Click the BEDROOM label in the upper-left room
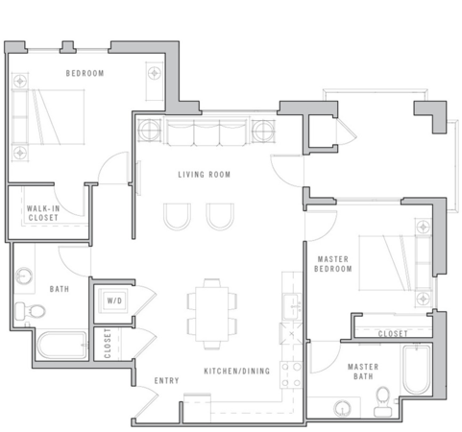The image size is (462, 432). point(85,74)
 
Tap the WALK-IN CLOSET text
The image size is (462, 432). point(42,213)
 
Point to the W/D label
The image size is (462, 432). point(114,300)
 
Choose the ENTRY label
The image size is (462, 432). point(167,381)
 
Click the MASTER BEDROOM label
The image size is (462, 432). point(335,264)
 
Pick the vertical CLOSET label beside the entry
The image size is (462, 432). point(108,342)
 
